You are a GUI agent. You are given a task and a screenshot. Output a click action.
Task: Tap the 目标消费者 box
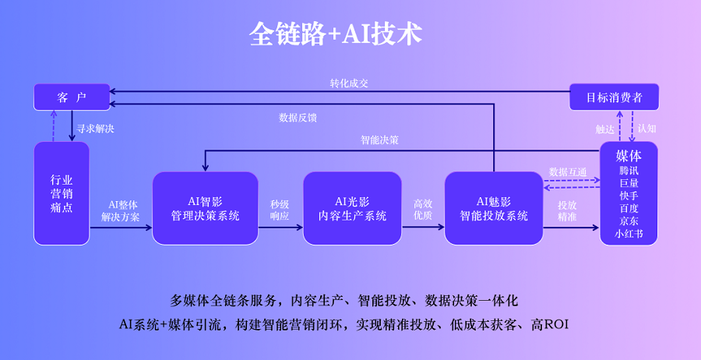(x=615, y=97)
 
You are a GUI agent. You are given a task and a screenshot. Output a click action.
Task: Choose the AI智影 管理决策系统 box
(x=204, y=208)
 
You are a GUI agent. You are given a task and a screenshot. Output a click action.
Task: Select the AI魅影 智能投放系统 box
(x=494, y=208)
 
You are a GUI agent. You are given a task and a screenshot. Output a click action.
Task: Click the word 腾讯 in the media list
(x=629, y=171)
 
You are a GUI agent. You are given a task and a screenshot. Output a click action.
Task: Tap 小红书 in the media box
(x=629, y=233)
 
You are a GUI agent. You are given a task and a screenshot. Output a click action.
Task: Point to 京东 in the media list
(x=629, y=221)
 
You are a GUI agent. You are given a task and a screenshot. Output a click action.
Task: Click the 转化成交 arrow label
(x=348, y=83)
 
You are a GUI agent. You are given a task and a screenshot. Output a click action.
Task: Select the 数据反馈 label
(x=298, y=118)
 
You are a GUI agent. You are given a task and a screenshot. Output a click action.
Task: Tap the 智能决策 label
(x=379, y=141)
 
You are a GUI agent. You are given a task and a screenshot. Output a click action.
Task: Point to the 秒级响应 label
(x=280, y=210)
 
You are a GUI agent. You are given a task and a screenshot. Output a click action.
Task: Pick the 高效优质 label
(x=423, y=210)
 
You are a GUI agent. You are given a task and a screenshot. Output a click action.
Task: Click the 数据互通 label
(x=568, y=171)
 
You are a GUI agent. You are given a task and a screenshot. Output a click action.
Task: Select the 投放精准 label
(x=567, y=210)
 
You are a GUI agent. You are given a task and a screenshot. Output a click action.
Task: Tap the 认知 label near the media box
(x=646, y=129)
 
